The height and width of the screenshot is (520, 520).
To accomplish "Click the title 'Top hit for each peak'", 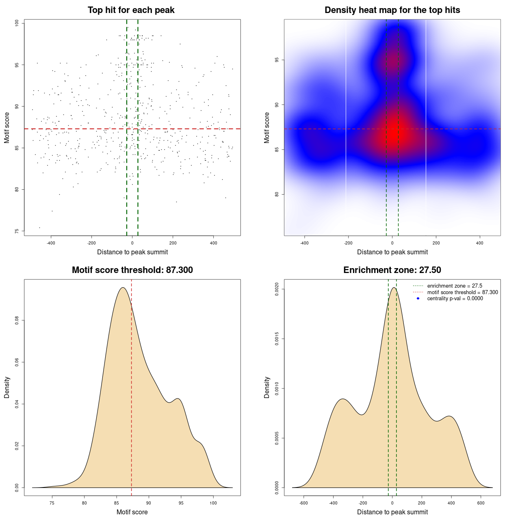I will point(131,10).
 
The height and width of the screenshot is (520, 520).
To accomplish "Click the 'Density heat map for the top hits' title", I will point(392,10).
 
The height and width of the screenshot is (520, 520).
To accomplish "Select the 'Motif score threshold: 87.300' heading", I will point(132,270).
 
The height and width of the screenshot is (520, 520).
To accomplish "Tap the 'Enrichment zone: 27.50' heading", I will point(392,270).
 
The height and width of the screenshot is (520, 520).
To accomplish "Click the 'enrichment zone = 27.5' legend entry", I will point(455,286).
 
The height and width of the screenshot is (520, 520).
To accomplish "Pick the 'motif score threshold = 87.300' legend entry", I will point(462,292).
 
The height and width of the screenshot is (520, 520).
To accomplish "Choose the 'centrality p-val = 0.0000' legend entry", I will point(455,299).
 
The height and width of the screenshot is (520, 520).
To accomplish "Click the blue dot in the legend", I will point(418,299).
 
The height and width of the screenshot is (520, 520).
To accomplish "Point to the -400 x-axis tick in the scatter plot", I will point(51,243).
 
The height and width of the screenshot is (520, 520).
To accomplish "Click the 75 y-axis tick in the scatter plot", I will point(17,231).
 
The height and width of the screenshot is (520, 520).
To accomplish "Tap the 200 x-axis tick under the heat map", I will point(436,243).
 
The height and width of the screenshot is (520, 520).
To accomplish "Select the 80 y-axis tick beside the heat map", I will point(277,194).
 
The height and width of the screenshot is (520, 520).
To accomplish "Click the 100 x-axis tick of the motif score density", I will point(213,503).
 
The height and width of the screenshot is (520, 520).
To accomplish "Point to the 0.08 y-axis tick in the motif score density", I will point(17,321).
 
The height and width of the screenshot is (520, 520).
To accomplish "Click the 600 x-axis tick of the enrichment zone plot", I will point(481,503).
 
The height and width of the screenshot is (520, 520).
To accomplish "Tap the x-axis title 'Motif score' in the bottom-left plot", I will point(132,512).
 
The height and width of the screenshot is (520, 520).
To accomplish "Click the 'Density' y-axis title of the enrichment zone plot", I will point(267,387).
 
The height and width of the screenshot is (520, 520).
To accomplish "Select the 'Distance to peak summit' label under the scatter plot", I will point(132,252).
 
